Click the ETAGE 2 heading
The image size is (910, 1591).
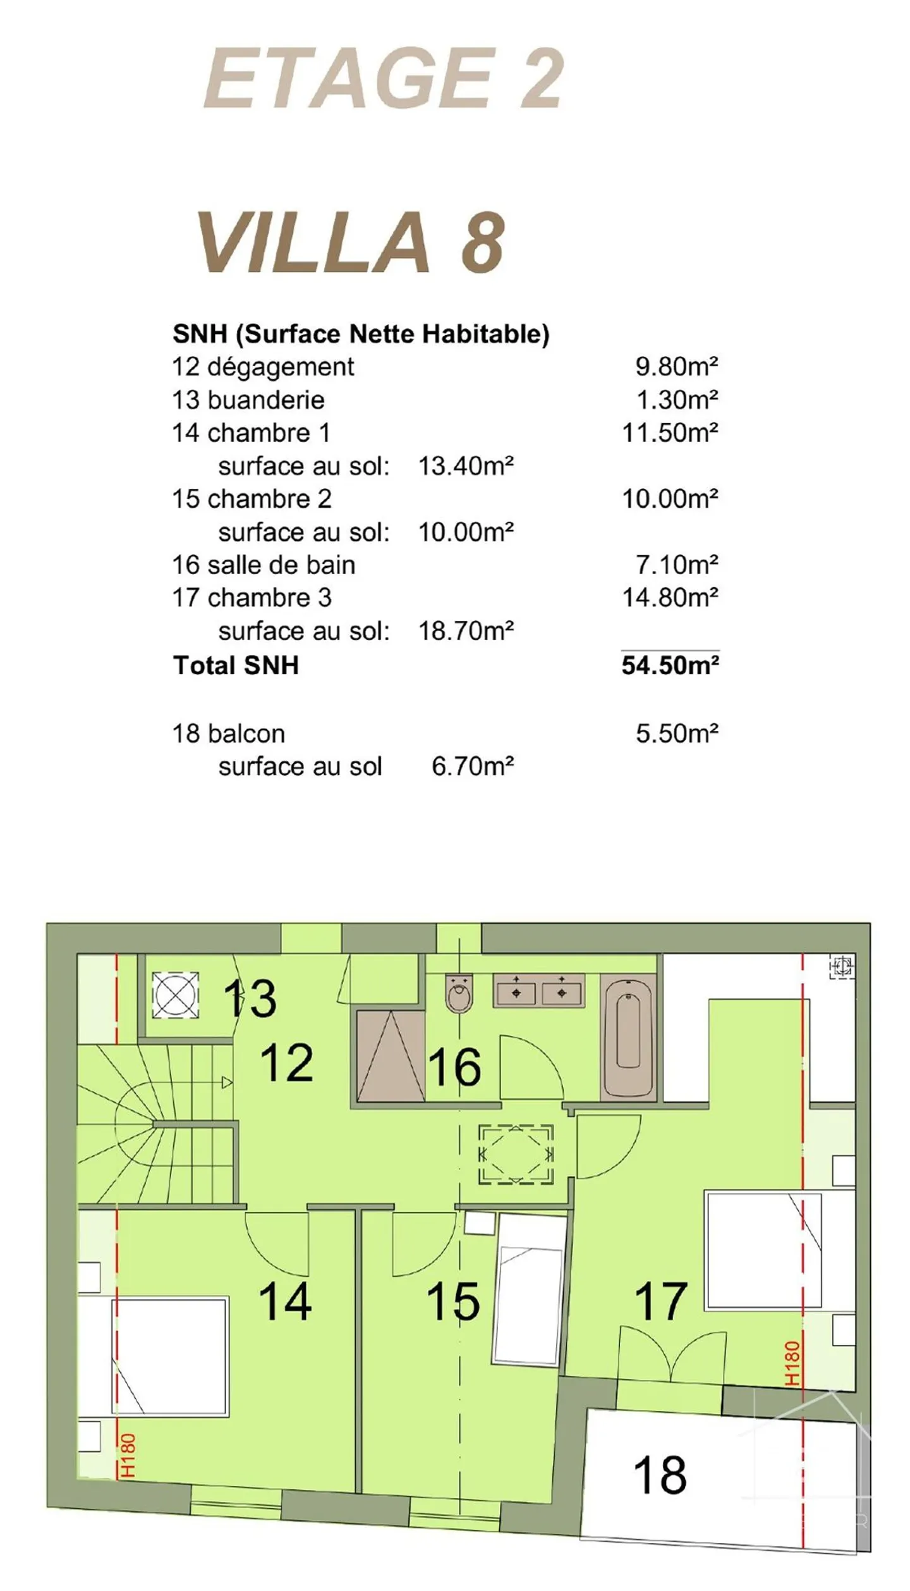pyautogui.click(x=383, y=78)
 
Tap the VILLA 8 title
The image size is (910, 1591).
pyautogui.click(x=351, y=242)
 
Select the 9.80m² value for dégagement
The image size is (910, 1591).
pyautogui.click(x=677, y=366)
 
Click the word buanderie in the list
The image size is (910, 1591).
pyautogui.click(x=265, y=400)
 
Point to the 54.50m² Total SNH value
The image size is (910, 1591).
pyautogui.click(x=670, y=665)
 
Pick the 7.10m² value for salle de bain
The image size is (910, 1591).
pyautogui.click(x=677, y=564)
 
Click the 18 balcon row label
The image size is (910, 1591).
pyautogui.click(x=229, y=734)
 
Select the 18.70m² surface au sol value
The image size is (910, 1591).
pyautogui.click(x=466, y=630)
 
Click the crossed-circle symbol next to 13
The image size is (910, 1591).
pyautogui.click(x=176, y=996)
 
